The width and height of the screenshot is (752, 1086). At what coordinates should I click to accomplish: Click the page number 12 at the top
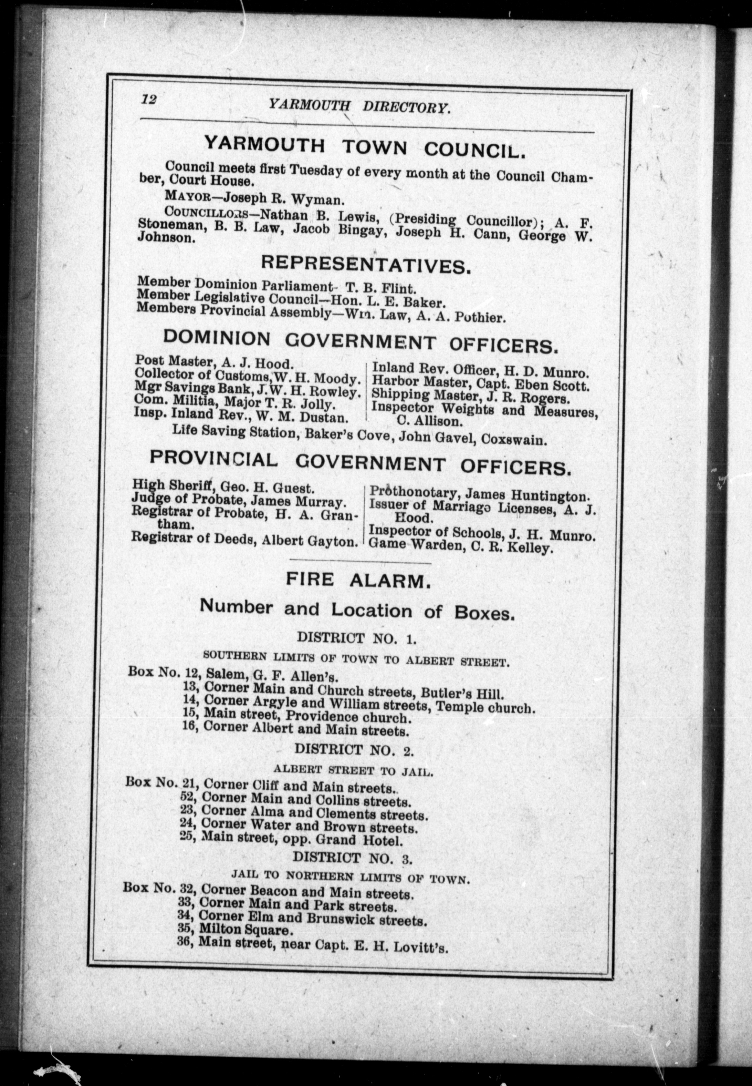tap(148, 100)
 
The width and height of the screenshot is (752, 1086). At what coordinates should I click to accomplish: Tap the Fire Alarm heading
tap(358, 581)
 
